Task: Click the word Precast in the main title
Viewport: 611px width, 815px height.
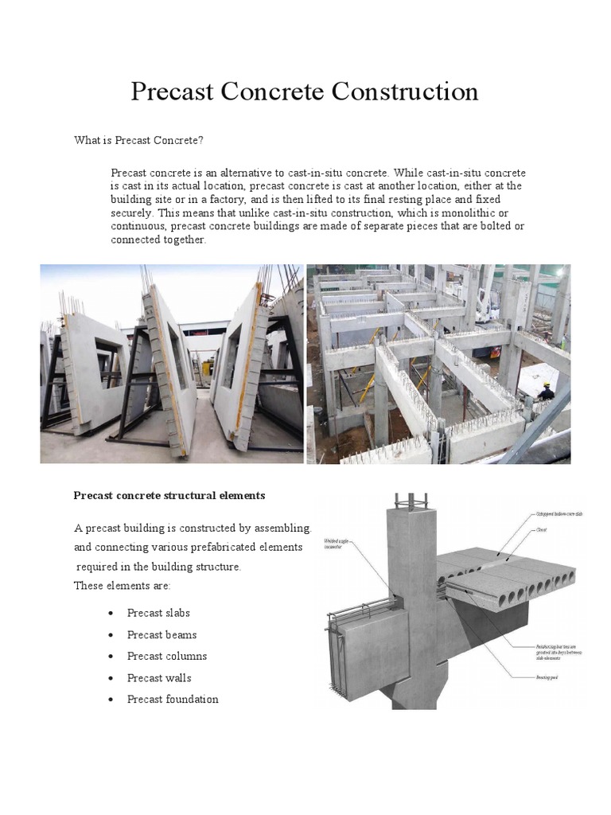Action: pyautogui.click(x=172, y=92)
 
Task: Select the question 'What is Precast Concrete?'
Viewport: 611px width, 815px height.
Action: pyautogui.click(x=139, y=141)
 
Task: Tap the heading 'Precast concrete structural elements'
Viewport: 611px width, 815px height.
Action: pyautogui.click(x=169, y=495)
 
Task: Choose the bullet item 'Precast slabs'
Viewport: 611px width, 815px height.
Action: pyautogui.click(x=158, y=613)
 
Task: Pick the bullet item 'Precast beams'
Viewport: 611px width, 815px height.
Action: pyautogui.click(x=162, y=634)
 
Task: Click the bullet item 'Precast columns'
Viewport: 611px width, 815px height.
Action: pyautogui.click(x=167, y=656)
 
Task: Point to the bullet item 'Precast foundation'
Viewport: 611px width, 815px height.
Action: pyautogui.click(x=173, y=699)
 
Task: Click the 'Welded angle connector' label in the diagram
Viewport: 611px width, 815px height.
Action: pyautogui.click(x=337, y=544)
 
